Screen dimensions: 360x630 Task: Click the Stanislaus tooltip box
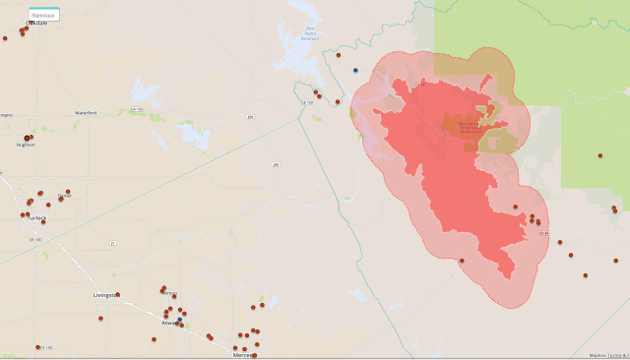point(44,16)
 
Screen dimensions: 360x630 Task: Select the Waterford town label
point(86,113)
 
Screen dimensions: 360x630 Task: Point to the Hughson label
point(26,145)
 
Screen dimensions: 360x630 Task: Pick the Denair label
point(65,197)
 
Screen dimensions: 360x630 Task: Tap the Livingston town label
point(104,295)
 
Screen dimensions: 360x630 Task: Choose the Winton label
point(169,293)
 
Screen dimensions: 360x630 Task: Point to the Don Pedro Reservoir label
point(310,33)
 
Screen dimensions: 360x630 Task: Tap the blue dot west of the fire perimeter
point(355,70)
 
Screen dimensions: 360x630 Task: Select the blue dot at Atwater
point(179,320)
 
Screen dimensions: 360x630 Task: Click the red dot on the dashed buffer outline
point(462,261)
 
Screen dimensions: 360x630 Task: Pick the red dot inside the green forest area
point(599,155)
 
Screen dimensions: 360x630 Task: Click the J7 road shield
point(112,243)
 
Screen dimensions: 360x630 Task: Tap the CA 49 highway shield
point(542,233)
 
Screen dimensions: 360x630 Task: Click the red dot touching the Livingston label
point(118,294)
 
